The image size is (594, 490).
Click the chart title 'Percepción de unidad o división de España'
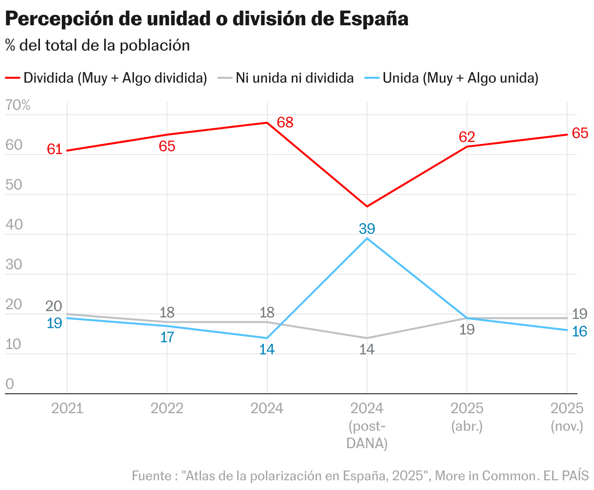pos(206,19)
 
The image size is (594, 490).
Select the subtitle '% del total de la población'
pos(97,45)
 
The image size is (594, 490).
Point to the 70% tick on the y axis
pos(18,105)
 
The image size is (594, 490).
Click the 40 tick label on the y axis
pos(14,225)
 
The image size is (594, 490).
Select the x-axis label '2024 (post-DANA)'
pos(367,425)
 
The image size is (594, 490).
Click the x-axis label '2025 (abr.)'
pos(467,417)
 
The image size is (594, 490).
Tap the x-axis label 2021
pos(67,408)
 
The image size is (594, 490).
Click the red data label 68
pos(285,122)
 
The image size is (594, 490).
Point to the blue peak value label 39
pos(367,228)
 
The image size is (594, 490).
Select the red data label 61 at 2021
pos(55,149)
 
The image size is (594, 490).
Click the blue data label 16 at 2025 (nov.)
pos(579,332)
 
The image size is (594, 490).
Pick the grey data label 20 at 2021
pos(54,306)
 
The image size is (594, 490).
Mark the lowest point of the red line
pos(367,207)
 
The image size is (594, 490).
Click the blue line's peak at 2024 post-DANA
pos(367,238)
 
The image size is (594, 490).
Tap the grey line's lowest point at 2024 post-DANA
pos(367,338)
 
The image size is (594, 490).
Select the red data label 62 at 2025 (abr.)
pos(466,137)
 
